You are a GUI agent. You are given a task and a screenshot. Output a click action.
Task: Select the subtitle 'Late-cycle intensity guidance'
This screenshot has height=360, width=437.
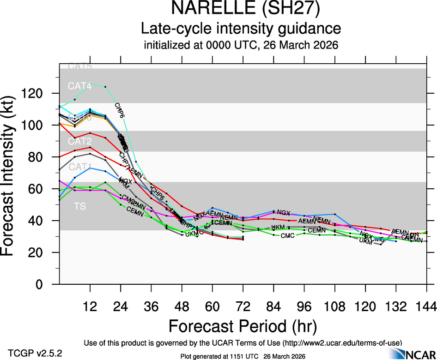[241, 29]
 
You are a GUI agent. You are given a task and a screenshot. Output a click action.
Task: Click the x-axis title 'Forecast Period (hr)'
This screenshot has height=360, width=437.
[242, 326]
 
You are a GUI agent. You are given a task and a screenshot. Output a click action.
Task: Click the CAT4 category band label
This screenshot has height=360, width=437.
[80, 86]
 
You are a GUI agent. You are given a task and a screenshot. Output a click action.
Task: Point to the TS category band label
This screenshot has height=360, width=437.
[79, 206]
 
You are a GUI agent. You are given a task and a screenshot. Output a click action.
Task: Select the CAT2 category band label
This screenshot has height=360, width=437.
[80, 140]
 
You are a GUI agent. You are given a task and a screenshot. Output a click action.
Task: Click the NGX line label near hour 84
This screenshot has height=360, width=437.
[283, 213]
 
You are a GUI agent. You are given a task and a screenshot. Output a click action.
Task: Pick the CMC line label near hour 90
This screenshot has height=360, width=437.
[287, 236]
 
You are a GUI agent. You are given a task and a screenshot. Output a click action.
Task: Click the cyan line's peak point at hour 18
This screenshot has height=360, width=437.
[105, 87]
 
